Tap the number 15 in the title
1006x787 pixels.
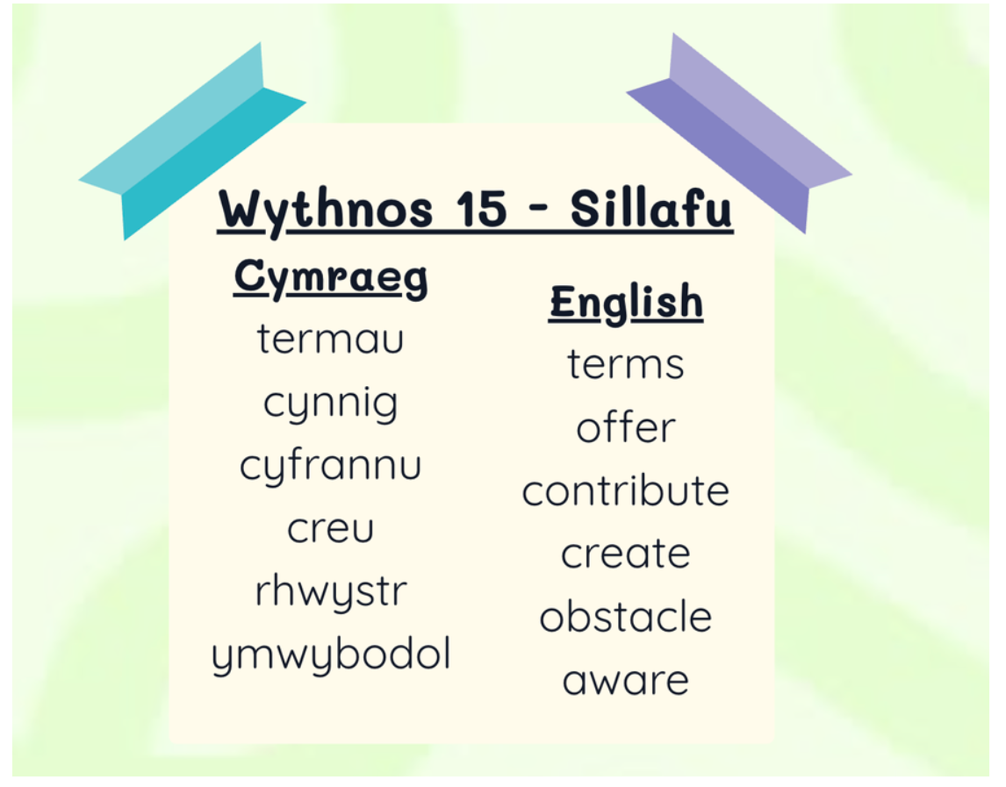(482, 209)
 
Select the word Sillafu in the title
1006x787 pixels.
(650, 208)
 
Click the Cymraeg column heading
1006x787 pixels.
(331, 278)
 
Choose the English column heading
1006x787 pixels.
(626, 302)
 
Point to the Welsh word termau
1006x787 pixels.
(330, 338)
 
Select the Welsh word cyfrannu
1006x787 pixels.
(330, 466)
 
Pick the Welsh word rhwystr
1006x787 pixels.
(331, 592)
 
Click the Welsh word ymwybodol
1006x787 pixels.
(331, 655)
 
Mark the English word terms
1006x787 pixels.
(626, 364)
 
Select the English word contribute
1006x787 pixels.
(626, 490)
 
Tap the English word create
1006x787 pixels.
(626, 553)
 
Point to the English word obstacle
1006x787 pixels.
(626, 616)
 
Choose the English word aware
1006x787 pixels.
(626, 681)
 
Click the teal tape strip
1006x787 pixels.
(192, 141)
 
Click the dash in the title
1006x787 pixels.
(539, 209)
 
